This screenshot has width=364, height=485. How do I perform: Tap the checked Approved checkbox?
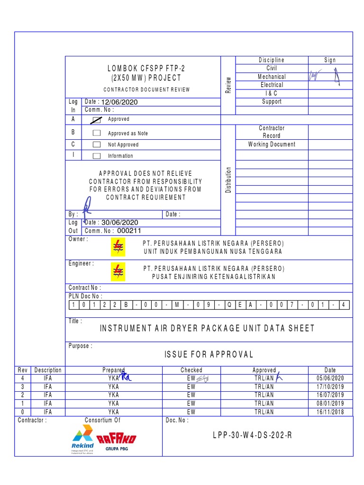coord(97,120)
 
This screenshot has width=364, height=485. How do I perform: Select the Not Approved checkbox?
coord(97,144)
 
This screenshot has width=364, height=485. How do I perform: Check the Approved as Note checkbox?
coord(97,133)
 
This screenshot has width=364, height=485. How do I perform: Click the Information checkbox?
coord(97,155)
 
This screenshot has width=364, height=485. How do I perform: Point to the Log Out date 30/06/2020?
coord(120,223)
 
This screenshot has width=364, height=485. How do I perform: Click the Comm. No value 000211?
coord(129,231)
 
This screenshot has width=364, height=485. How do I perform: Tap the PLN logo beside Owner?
coord(118,247)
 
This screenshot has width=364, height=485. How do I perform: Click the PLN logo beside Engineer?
coord(118,272)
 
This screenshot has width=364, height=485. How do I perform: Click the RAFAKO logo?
coord(116,440)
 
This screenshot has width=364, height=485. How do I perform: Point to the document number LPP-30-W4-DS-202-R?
coord(252,435)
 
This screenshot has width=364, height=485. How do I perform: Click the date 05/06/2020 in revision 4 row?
coord(330,378)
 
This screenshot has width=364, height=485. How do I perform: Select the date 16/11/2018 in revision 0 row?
coord(330,412)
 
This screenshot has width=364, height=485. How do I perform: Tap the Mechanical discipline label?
coord(272,77)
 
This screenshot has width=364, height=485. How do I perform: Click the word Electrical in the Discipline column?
coord(272,85)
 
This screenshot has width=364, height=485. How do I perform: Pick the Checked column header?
coord(191,370)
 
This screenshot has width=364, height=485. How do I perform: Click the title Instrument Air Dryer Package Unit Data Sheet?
coord(207,328)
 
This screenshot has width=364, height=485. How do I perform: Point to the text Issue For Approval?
coord(209,354)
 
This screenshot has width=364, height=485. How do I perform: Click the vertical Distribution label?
coord(228,180)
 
